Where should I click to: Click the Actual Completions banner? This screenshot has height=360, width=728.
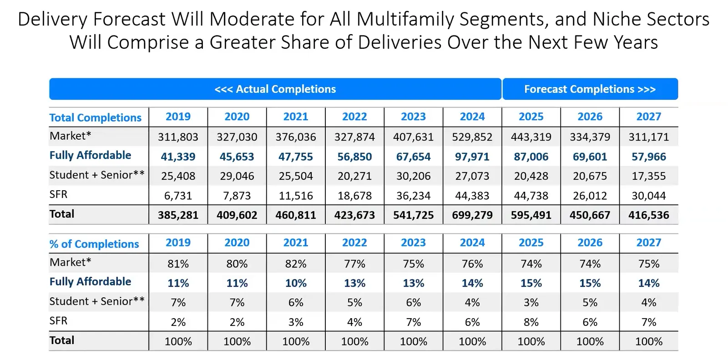[x=275, y=89]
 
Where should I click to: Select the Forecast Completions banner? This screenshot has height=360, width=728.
[x=590, y=89]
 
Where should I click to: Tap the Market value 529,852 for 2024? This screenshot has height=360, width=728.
[x=472, y=137]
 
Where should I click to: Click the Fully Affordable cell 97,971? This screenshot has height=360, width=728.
[x=472, y=157]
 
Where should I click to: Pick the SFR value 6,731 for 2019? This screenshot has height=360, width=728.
[x=178, y=196]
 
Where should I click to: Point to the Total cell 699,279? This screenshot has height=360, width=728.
[x=472, y=215]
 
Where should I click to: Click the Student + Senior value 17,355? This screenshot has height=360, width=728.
[x=648, y=176]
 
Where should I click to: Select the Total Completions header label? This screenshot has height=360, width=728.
[x=96, y=118]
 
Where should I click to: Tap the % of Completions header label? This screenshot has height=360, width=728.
[x=94, y=244]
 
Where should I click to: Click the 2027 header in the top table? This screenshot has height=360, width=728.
[x=648, y=117]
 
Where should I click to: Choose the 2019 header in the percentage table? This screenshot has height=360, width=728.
[x=178, y=243]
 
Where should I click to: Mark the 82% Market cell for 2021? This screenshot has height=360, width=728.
[x=296, y=264]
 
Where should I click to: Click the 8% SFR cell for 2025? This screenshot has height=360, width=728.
[x=531, y=322]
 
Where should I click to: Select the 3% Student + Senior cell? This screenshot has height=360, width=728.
[x=531, y=303]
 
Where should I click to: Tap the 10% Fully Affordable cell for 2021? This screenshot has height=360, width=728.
[x=296, y=283]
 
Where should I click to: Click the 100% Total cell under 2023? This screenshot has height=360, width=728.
[x=413, y=341]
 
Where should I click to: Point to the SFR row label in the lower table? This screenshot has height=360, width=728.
[x=58, y=321]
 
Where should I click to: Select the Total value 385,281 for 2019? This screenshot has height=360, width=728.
[x=178, y=215]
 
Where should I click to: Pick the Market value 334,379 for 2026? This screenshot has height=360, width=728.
[x=590, y=137]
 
